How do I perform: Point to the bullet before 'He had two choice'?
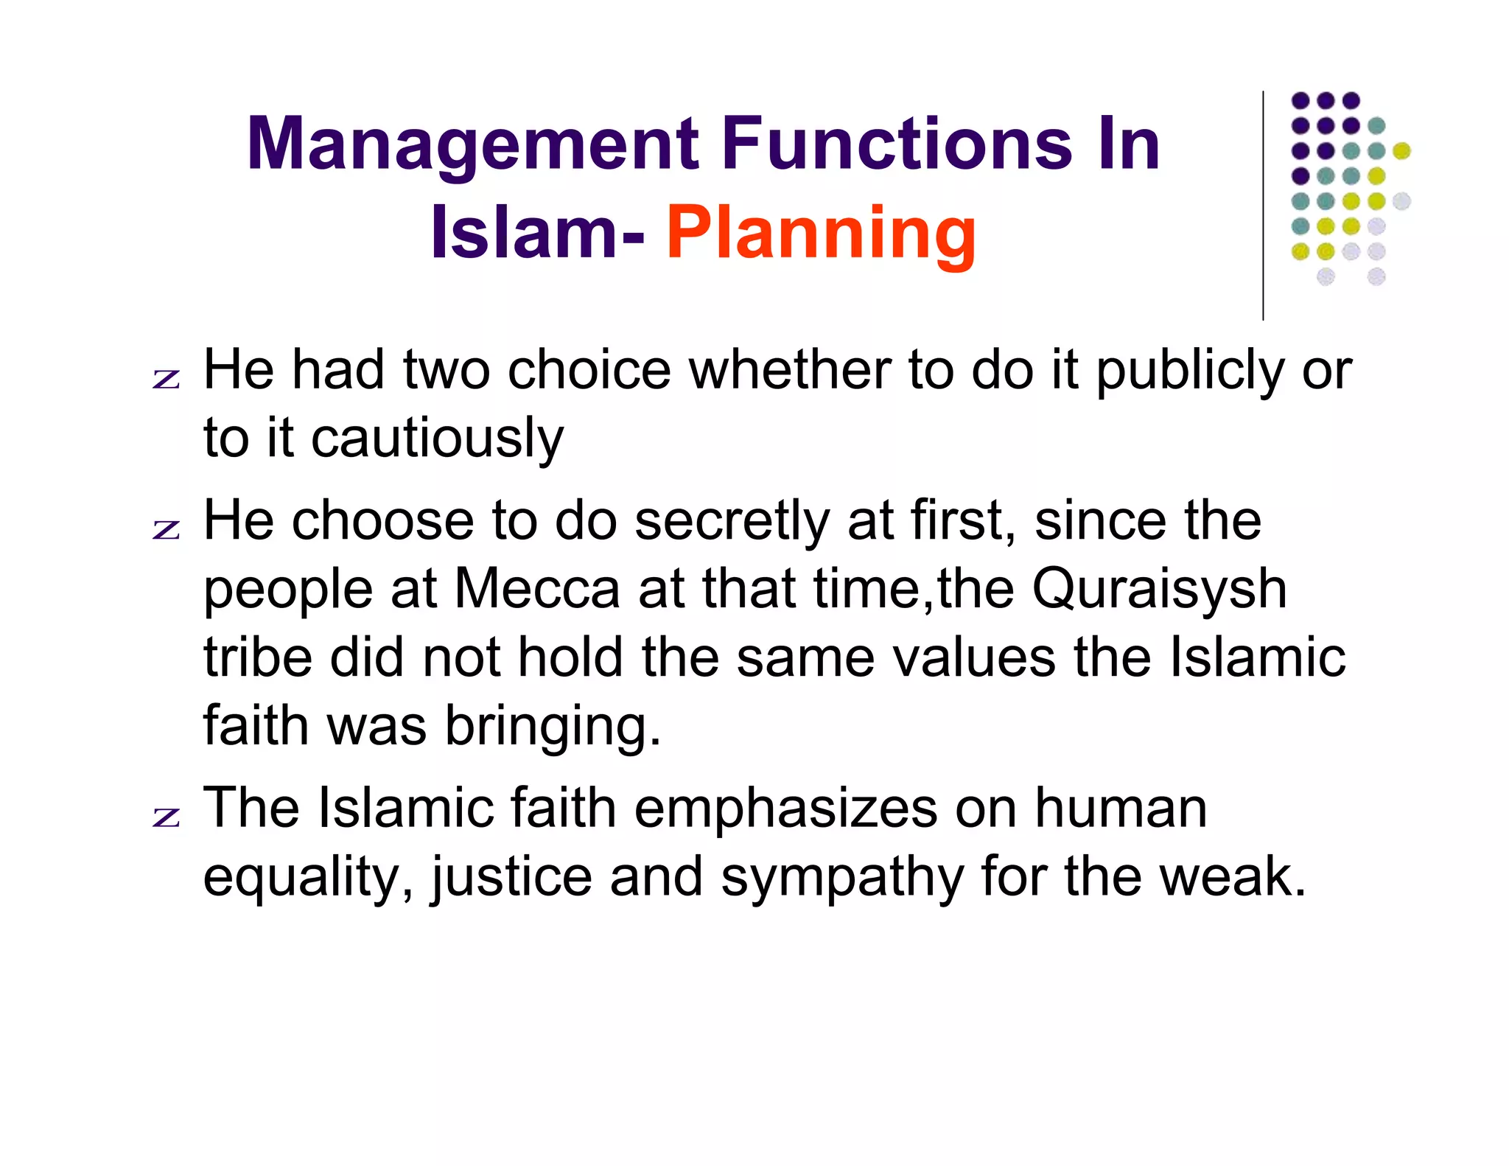coord(167,379)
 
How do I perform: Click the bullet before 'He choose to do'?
coord(167,529)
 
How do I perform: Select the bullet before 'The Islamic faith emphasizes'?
coord(167,817)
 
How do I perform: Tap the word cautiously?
coord(438,439)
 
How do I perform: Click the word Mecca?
coord(537,590)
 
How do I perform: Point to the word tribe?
coord(258,657)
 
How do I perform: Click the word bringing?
coord(553,727)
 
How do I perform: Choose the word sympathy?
coord(842,878)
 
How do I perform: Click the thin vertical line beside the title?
coord(1263,206)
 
